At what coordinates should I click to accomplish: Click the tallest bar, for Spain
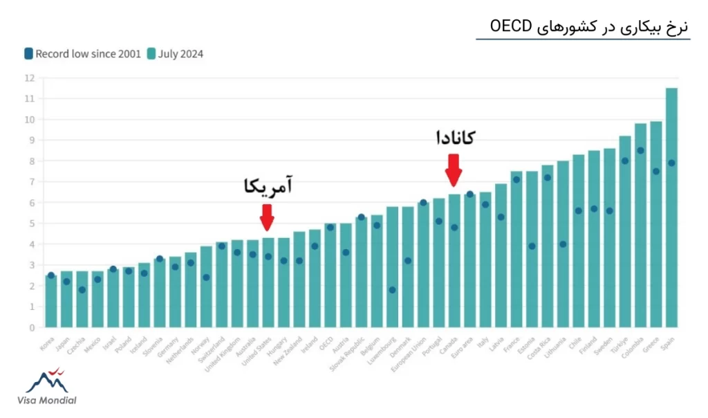671,208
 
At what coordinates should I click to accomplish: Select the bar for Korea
51,301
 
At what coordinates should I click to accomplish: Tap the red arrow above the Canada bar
454,170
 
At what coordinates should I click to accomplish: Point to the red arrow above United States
267,221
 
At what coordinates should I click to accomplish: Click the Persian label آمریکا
268,187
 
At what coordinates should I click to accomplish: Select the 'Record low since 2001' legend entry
82,53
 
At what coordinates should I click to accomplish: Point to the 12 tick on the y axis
29,78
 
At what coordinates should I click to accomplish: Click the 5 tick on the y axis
31,224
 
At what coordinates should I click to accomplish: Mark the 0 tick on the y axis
31,327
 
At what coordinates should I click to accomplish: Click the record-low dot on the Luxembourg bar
392,290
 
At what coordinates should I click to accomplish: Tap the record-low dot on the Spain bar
671,163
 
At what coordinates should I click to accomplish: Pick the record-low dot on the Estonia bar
532,246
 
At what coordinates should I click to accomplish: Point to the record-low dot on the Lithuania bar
563,244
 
